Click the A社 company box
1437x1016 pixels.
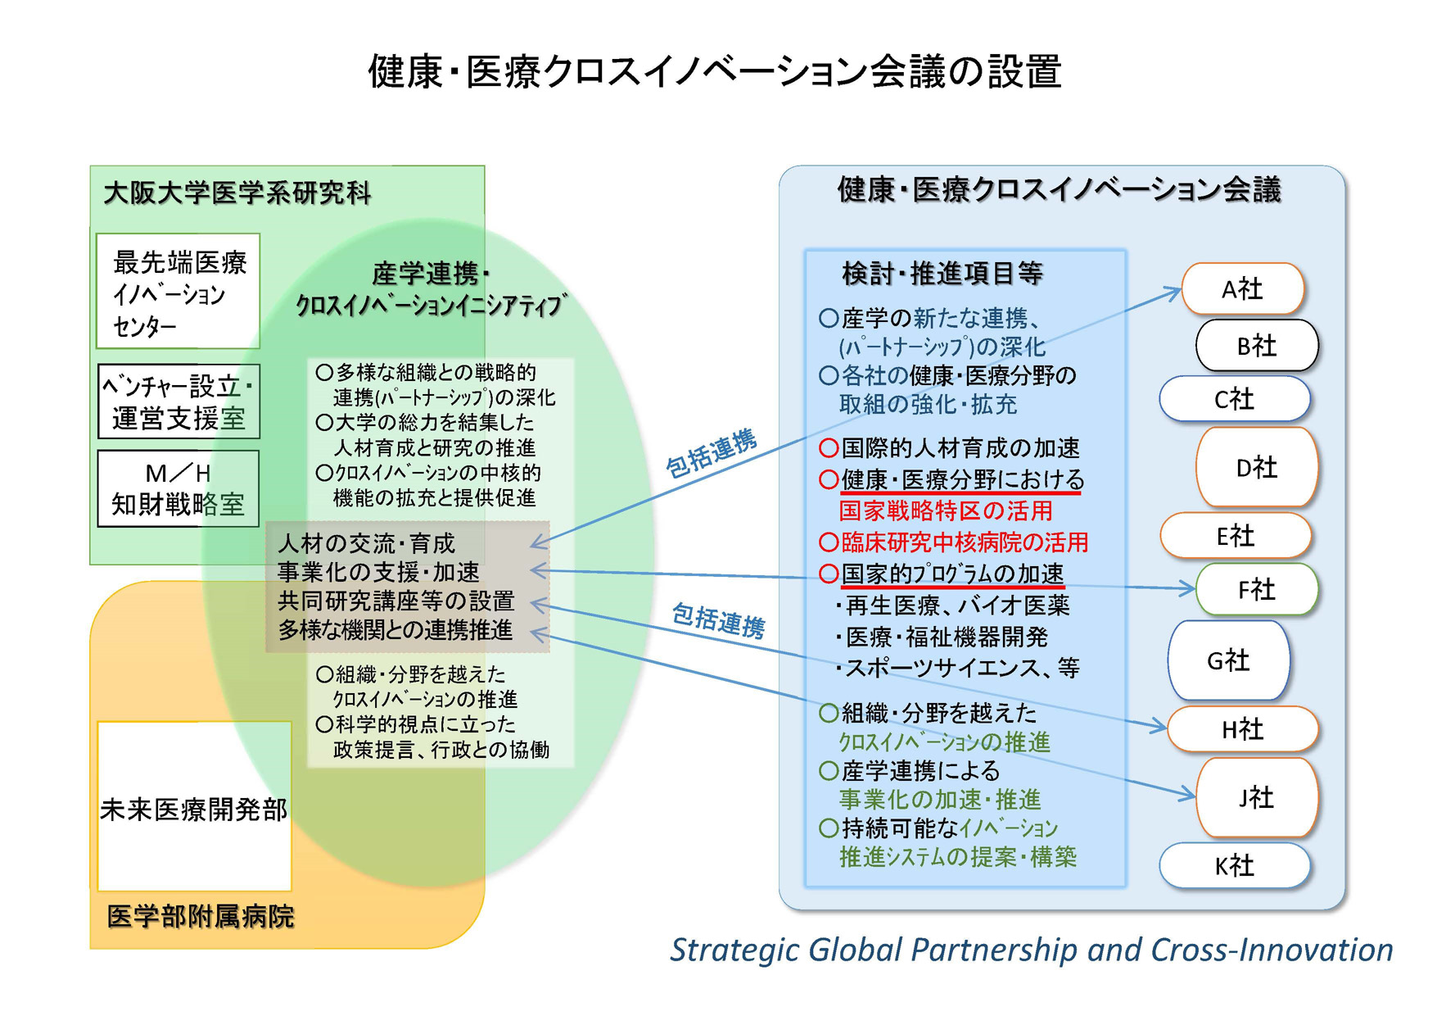tap(1242, 289)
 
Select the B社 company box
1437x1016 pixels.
tap(1257, 346)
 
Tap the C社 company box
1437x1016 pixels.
tap(1234, 399)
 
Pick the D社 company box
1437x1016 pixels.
tap(1257, 467)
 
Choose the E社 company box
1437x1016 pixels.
tap(1235, 536)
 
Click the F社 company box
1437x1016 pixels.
tap(1257, 589)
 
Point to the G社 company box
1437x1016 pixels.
tap(1228, 660)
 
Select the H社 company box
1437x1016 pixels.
tap(1242, 728)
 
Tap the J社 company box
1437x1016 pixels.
tap(1257, 797)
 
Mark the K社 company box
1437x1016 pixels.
tap(1234, 866)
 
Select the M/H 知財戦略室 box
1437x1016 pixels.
tap(178, 489)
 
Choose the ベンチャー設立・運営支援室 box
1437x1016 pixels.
tap(178, 402)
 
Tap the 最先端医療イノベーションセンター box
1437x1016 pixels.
tap(178, 293)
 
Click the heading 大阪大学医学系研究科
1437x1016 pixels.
tap(237, 193)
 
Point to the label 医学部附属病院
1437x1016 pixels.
tap(201, 916)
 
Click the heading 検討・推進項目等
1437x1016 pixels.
tap(942, 274)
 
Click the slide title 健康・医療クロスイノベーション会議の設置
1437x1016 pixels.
tap(715, 71)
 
